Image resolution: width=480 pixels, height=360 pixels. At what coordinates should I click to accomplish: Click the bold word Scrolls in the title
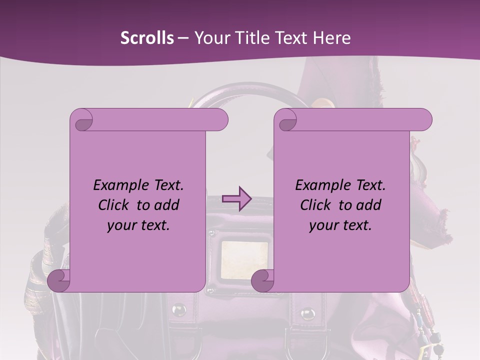click(147, 38)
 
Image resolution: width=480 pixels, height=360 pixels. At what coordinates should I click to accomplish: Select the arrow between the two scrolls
click(236, 199)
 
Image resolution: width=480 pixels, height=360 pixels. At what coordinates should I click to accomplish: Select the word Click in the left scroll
click(109, 205)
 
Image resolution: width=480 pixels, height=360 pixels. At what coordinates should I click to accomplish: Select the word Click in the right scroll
click(311, 205)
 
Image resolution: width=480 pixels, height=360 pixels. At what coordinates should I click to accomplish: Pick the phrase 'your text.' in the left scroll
click(138, 225)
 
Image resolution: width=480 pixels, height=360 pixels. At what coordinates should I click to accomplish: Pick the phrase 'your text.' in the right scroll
click(340, 225)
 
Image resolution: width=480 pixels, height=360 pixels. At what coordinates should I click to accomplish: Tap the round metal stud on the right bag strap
click(307, 314)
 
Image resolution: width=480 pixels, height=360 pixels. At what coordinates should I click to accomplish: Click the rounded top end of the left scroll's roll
click(220, 120)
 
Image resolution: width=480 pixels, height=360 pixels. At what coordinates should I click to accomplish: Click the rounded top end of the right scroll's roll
click(424, 120)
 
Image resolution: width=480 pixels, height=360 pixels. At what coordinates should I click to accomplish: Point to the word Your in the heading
click(212, 38)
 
